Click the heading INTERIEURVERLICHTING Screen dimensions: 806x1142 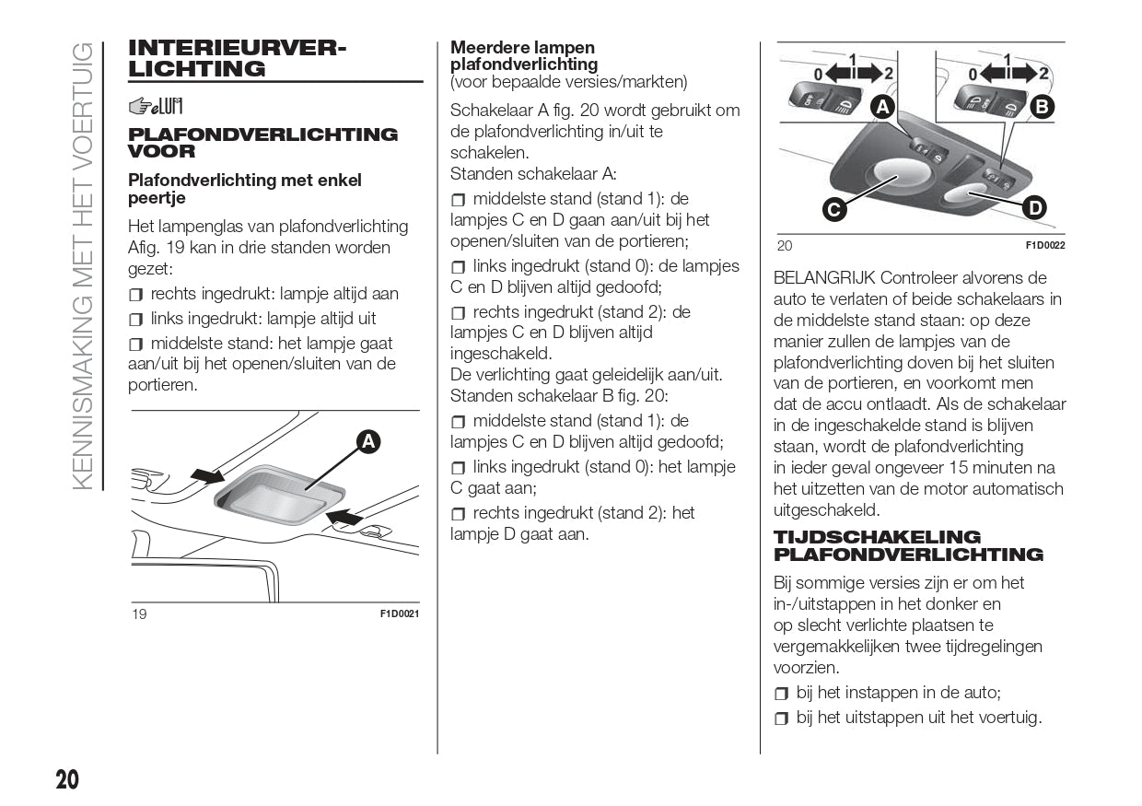(238, 58)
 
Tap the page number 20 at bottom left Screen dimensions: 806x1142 (67, 780)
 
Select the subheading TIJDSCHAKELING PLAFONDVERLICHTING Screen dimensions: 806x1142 (908, 545)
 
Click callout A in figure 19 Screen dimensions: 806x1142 (368, 442)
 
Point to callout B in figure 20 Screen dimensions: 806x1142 (1042, 108)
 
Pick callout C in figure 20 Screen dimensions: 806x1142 (833, 210)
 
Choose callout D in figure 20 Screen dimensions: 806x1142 (1034, 208)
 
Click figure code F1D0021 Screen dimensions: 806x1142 (400, 613)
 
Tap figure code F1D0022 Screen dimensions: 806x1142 (1045, 245)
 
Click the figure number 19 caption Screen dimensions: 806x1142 (138, 614)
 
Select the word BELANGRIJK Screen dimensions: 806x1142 (823, 278)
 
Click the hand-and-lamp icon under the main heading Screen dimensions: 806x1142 (156, 107)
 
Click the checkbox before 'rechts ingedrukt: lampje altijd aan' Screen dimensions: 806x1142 (136, 295)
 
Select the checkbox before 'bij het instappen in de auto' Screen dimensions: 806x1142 (782, 694)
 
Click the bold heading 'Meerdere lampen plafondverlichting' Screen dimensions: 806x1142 (523, 56)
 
